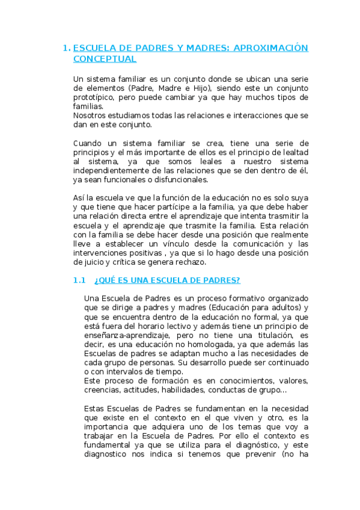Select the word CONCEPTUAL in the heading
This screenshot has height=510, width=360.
click(104, 59)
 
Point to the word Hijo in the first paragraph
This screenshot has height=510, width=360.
click(183, 88)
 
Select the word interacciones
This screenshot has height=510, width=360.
click(219, 115)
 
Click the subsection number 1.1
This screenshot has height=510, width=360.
click(80, 281)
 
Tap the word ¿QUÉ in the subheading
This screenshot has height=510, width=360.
click(105, 281)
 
